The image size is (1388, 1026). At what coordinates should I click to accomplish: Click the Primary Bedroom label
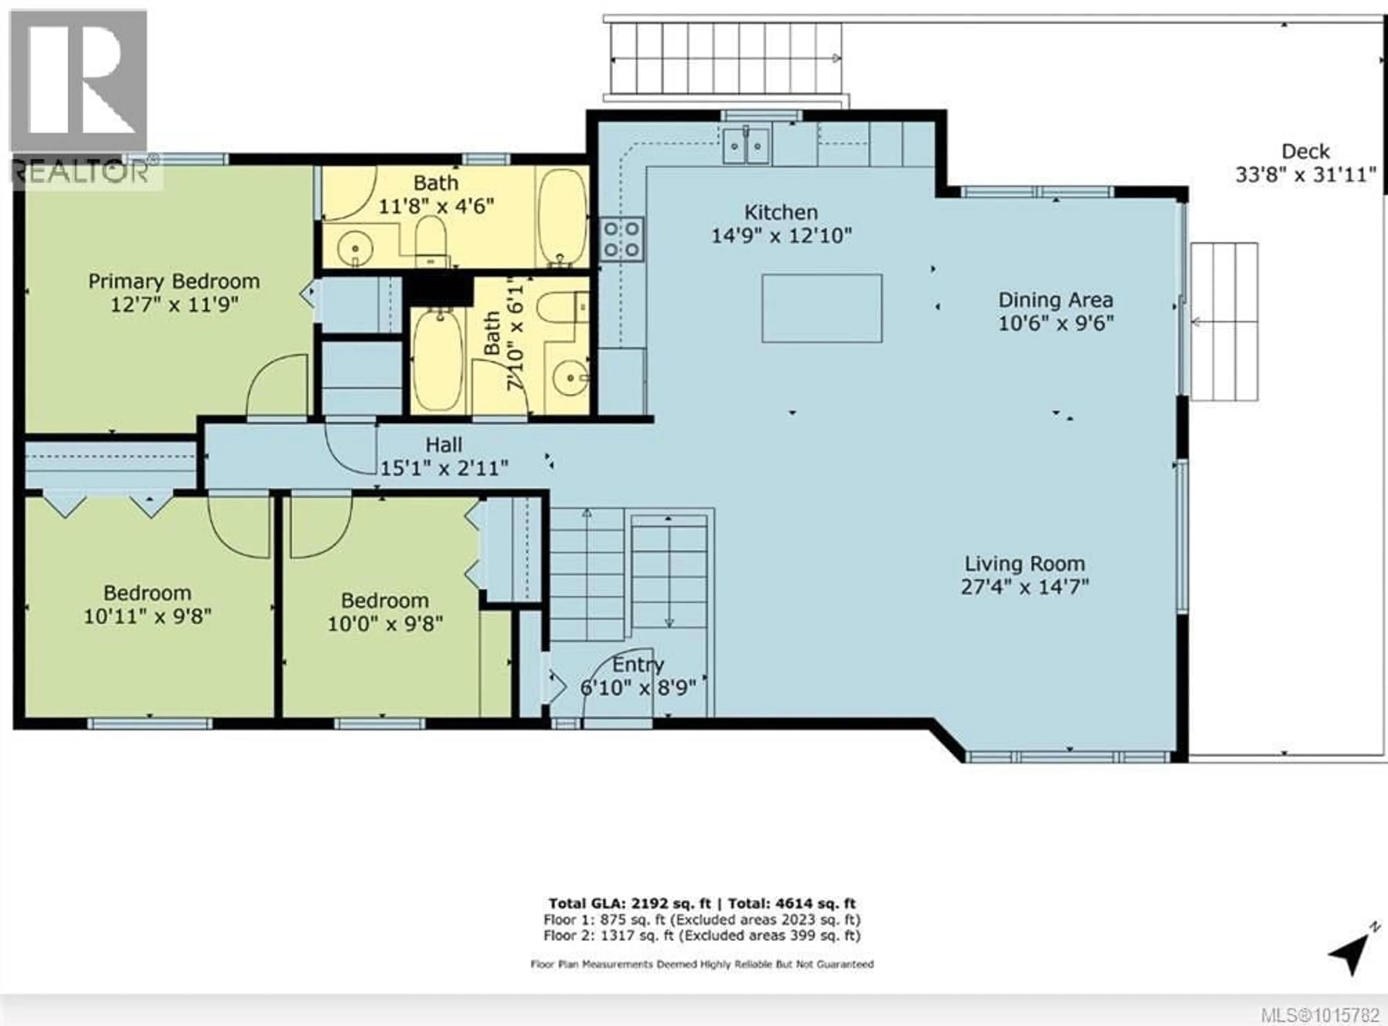174,281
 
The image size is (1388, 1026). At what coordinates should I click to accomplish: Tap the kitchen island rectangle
822,308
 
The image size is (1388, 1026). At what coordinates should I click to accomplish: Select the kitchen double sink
746,146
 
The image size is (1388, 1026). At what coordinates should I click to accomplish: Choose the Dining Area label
1056,300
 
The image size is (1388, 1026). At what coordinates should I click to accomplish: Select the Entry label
638,664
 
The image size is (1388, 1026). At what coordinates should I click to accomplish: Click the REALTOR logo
80,99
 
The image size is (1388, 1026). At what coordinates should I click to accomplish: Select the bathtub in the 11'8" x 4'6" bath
562,217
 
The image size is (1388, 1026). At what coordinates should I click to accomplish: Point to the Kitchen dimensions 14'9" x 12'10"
781,235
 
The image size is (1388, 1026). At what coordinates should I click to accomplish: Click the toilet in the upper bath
431,239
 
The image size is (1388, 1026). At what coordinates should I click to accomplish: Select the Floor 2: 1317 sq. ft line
702,935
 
